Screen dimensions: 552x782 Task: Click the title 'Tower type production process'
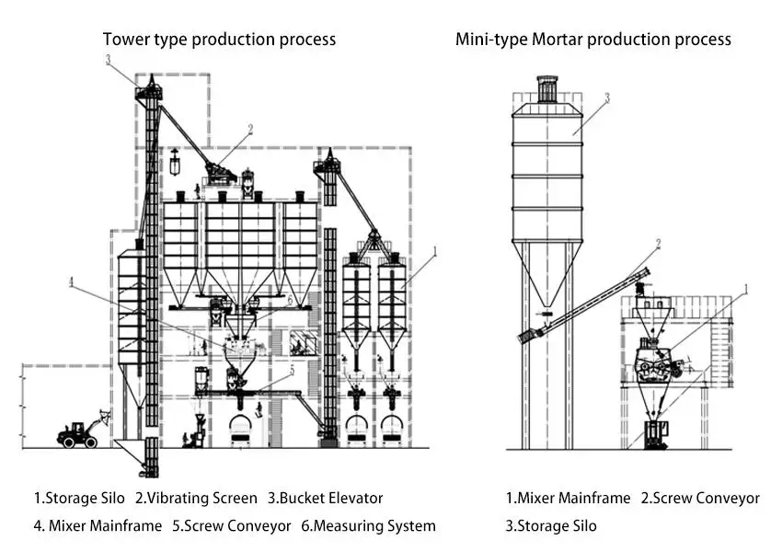[219, 40]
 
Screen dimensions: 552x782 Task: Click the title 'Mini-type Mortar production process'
[593, 40]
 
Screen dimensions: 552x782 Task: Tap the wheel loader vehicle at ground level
[80, 433]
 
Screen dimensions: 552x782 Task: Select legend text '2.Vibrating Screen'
[196, 499]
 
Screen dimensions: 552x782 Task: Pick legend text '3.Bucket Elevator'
[325, 499]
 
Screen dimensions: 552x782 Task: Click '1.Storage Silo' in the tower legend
[79, 499]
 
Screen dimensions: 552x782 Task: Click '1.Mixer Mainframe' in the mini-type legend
[569, 499]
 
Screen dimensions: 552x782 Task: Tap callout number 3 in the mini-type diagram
[606, 98]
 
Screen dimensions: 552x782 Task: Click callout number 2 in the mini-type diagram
[659, 244]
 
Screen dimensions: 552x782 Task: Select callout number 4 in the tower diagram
[71, 282]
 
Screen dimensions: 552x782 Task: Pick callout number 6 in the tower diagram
[289, 300]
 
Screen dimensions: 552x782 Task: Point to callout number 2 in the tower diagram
[249, 129]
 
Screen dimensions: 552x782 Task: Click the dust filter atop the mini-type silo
[547, 89]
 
